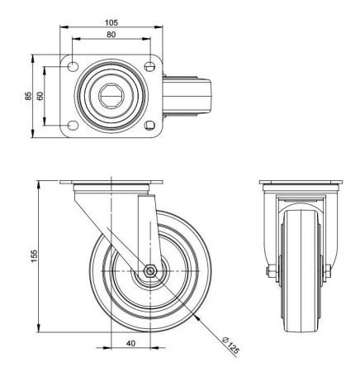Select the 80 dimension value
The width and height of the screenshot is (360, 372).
coord(111,35)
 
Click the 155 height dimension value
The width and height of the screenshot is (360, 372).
coord(33,258)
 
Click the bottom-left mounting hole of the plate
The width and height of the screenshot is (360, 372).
coord(73,126)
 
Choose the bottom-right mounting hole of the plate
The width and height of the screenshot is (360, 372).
coord(149,126)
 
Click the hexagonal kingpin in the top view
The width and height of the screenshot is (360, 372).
coord(111,96)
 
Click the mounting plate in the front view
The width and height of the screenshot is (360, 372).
coord(298,183)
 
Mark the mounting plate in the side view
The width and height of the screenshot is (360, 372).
coord(111,183)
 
